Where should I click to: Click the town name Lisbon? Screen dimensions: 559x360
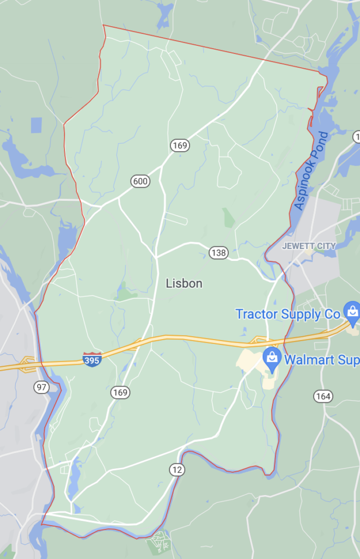[x=184, y=283]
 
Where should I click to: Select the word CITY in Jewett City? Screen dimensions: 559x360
[x=327, y=246]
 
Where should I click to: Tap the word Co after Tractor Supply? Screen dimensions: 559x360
[x=333, y=314]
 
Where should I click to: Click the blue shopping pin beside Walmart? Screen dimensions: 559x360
[x=272, y=358]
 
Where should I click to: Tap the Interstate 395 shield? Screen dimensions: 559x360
[x=92, y=359]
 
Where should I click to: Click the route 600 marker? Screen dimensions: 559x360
[x=140, y=181]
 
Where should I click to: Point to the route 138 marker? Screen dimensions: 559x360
[x=218, y=252]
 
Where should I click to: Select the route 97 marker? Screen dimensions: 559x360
[x=41, y=387]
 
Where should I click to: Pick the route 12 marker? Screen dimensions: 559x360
[x=177, y=469]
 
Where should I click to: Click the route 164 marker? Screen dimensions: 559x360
[x=323, y=396]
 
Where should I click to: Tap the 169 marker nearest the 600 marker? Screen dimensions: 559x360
[x=179, y=145]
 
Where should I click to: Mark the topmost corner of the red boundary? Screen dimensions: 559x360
[x=103, y=25]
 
